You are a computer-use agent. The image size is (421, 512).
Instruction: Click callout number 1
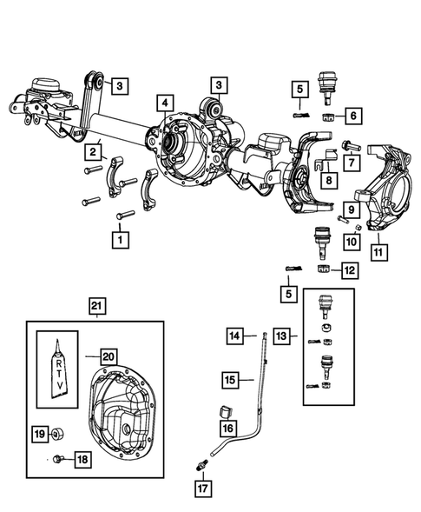coord(119,236)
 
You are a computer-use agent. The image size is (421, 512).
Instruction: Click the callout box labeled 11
coord(379,253)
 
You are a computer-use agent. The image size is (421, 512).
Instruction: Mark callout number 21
coord(96,306)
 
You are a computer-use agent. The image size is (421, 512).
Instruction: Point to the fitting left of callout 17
coord(201,466)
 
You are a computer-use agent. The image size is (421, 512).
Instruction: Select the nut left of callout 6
coord(329,117)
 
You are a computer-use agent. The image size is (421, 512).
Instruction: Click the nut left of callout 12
coord(325,270)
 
